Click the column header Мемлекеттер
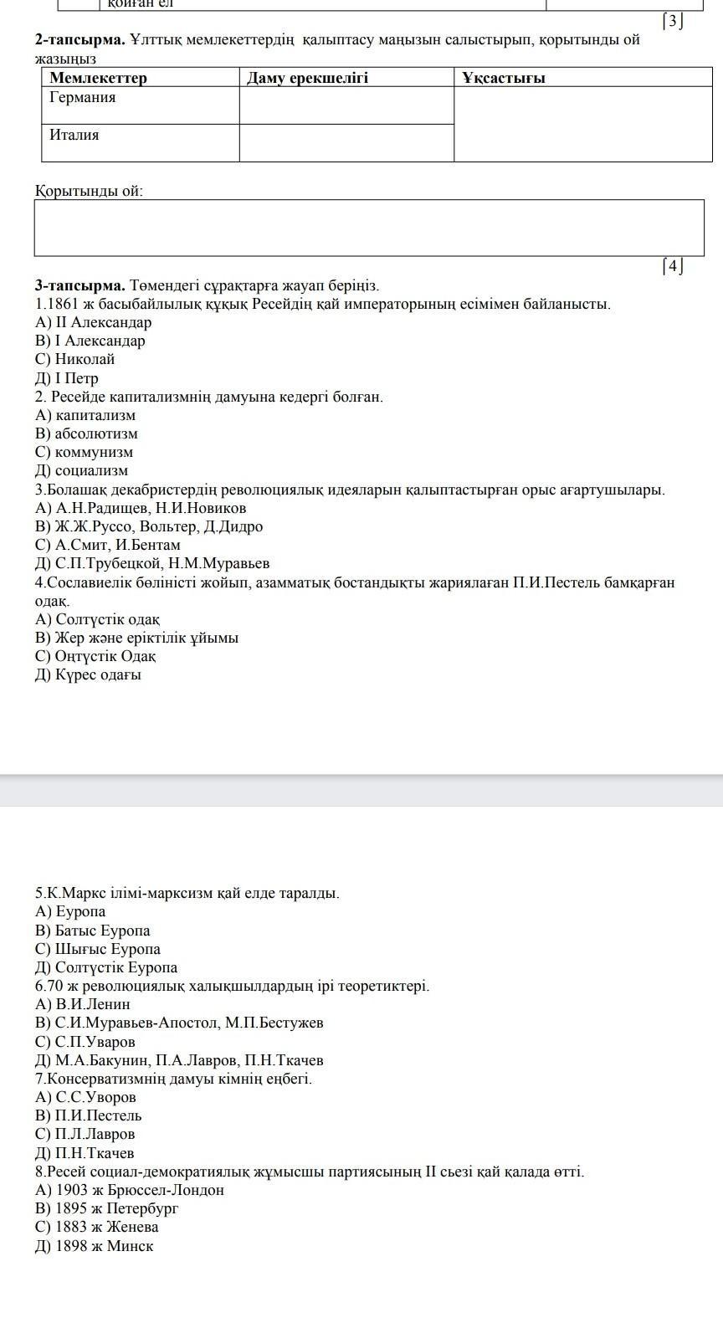(x=98, y=78)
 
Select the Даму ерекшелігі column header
(x=307, y=78)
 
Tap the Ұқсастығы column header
(x=503, y=78)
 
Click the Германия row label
(x=83, y=98)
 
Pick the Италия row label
(x=74, y=135)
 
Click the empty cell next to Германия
(x=346, y=105)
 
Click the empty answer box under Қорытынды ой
(x=369, y=228)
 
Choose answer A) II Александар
(x=94, y=322)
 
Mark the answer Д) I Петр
(x=67, y=378)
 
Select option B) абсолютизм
(x=86, y=433)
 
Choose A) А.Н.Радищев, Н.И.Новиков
(x=141, y=508)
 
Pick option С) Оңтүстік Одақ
(x=95, y=656)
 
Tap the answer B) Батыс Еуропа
(x=93, y=931)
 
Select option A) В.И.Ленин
(x=83, y=1004)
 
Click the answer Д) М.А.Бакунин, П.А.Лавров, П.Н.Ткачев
(x=179, y=1060)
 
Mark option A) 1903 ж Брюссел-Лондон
(x=130, y=1190)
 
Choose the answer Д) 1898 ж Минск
(x=95, y=1246)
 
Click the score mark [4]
(x=673, y=267)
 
